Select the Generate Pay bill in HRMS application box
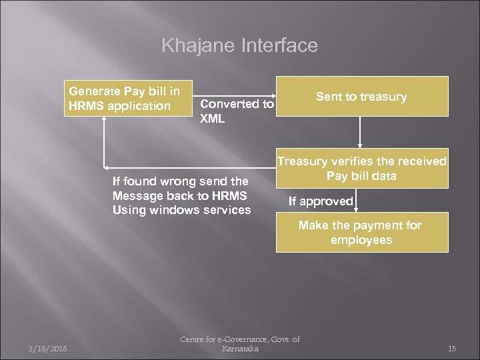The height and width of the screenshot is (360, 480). pos(127,99)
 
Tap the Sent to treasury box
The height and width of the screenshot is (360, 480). pos(361,97)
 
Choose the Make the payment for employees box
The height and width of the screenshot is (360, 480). pos(360,233)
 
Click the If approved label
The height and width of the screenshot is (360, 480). pos(320,201)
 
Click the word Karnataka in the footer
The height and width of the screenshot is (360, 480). pos(240,349)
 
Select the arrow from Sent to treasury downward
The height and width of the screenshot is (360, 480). pos(360,131)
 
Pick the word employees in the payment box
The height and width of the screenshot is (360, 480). pos(360,239)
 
